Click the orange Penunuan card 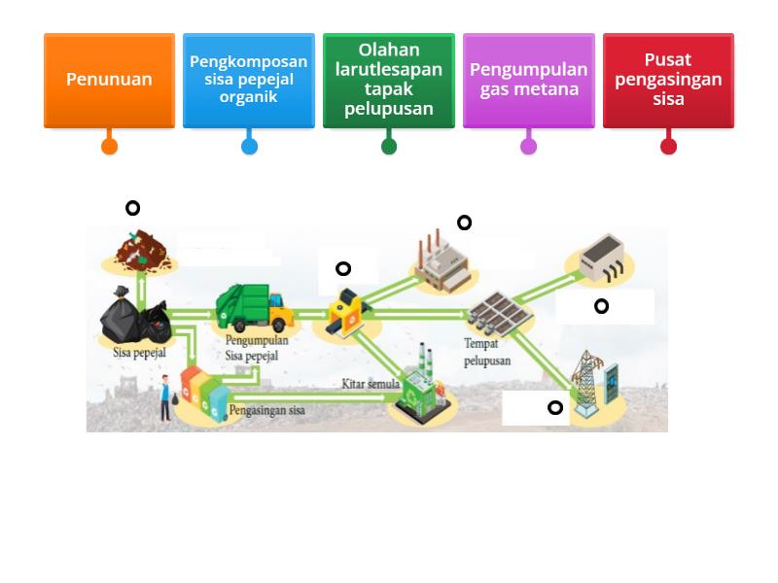coord(109,80)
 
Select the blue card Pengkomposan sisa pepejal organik coord(249,80)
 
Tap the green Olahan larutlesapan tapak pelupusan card coord(389,80)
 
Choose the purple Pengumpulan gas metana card coord(528,80)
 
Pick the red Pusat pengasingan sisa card coord(668,80)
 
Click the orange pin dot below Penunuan coord(109,147)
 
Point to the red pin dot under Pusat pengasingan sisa coord(668,147)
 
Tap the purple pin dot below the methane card coord(528,147)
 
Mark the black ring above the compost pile coord(132,208)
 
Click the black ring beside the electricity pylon coord(555,408)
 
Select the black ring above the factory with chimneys coord(464,223)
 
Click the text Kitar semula coord(371,384)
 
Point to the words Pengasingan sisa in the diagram coord(266,410)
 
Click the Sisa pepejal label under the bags coord(139,353)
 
